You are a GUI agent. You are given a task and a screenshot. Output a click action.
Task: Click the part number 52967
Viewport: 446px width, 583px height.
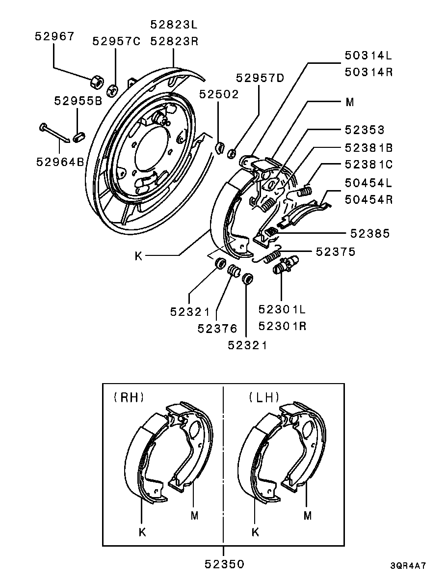54,36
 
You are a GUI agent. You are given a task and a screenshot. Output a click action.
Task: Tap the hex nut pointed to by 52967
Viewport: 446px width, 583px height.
97,81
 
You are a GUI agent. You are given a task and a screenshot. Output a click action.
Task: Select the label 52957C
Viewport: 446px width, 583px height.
117,41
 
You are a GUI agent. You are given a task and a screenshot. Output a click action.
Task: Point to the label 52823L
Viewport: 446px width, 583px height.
174,25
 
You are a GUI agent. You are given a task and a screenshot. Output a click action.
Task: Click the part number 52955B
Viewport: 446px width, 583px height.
78,101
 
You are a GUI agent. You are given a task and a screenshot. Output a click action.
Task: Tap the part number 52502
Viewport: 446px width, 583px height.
219,94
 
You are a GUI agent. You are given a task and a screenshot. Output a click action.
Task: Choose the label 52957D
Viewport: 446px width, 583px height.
260,78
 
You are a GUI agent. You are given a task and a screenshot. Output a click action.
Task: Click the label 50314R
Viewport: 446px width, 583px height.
368,72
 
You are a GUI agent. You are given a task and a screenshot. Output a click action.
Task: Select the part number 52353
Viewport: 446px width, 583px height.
365,129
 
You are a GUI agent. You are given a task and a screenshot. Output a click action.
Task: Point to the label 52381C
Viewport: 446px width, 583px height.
369,165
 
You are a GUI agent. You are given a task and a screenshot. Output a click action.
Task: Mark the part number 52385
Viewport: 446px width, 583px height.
370,233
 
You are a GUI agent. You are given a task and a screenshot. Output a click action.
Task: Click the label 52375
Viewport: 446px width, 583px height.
336,251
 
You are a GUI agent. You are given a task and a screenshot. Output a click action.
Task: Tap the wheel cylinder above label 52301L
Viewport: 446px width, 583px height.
286,265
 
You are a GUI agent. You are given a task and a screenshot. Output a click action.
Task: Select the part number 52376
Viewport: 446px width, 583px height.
217,328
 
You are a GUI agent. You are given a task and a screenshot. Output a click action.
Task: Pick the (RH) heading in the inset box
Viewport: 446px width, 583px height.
129,397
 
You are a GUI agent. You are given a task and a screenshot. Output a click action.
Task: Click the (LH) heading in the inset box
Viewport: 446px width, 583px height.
264,397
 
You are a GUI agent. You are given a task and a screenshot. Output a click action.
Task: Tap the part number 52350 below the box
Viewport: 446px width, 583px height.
224,564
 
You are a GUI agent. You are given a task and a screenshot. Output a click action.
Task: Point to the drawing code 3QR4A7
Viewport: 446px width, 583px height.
408,565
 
